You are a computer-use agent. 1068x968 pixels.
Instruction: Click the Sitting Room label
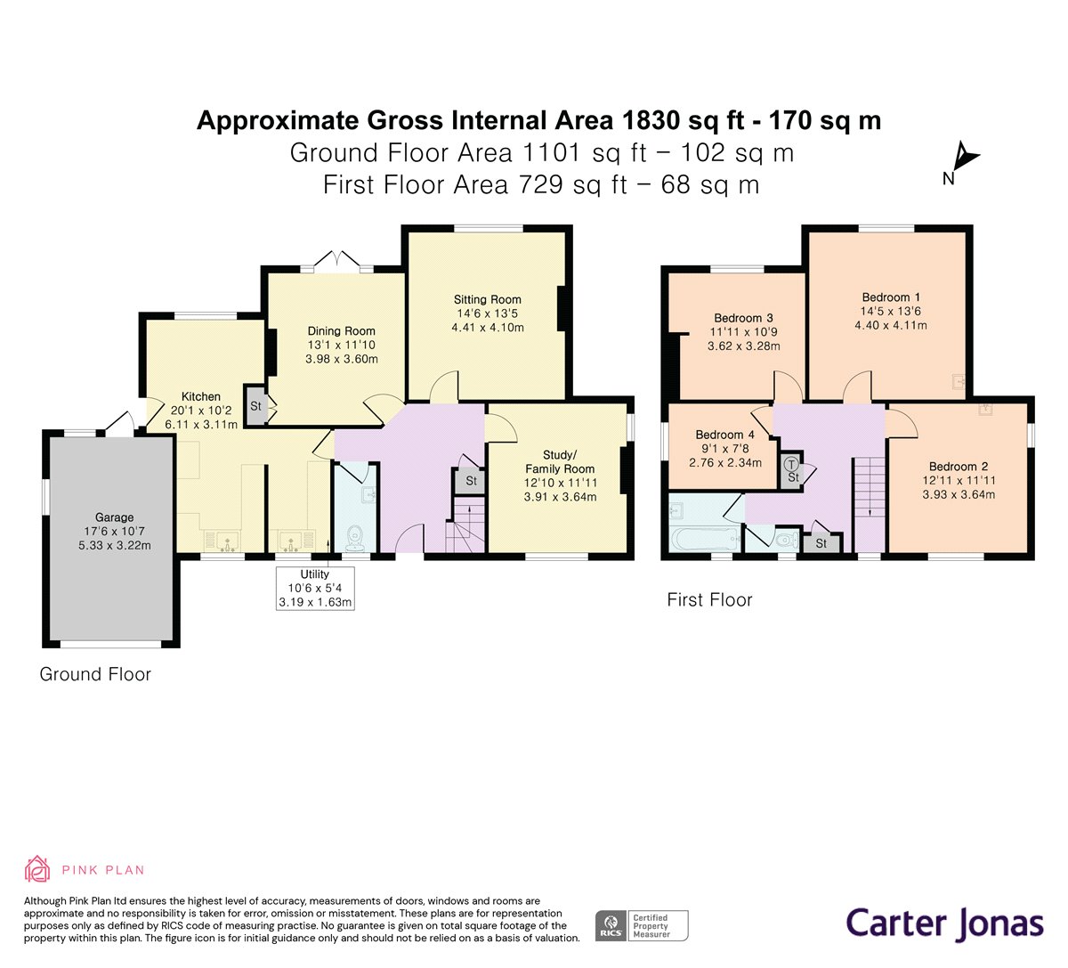point(487,299)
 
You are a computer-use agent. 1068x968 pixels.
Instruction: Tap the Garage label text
point(115,517)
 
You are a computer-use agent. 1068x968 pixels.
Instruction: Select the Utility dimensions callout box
point(315,588)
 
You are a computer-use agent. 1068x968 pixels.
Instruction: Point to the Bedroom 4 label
point(724,435)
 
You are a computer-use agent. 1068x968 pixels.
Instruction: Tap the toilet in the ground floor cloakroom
point(354,539)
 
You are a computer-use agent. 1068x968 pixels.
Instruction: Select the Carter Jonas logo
point(945,924)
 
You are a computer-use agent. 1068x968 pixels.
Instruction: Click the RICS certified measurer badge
point(642,926)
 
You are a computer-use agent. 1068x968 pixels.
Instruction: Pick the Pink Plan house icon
point(37,869)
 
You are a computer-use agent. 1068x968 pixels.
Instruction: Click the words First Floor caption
point(709,600)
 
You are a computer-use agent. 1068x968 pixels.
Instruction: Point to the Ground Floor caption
point(95,674)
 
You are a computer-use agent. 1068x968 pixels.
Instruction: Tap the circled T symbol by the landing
point(792,463)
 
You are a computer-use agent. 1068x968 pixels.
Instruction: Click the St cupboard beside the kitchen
point(255,405)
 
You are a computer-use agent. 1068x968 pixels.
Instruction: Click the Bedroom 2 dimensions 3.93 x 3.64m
point(959,494)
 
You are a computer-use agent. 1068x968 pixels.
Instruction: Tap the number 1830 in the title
point(650,120)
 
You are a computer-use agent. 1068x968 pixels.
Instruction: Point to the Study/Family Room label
point(560,462)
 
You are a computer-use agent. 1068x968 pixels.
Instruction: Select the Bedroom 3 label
point(743,318)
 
